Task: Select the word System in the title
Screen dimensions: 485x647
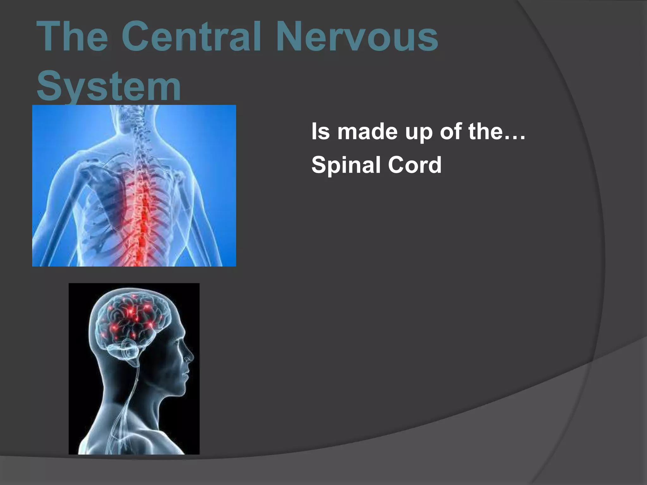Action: [x=109, y=86]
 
